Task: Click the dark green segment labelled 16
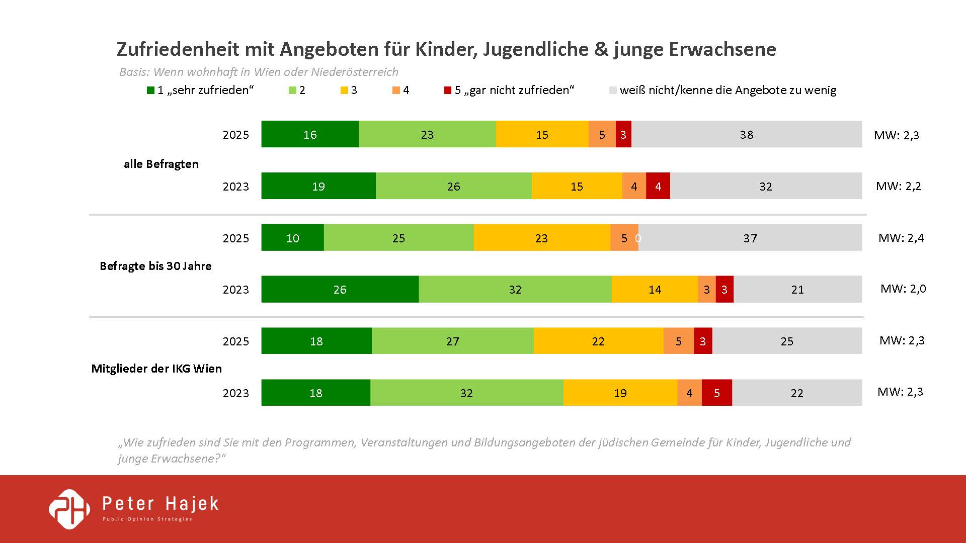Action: click(310, 134)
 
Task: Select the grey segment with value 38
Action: click(747, 134)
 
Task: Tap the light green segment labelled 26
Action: click(453, 186)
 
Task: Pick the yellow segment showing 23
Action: click(541, 238)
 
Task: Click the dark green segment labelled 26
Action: click(340, 289)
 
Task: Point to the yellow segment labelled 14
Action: click(655, 289)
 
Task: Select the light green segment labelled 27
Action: click(452, 341)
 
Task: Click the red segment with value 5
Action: click(716, 393)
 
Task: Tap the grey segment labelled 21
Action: click(797, 289)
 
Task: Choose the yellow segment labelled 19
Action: click(620, 393)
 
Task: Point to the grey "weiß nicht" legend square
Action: click(613, 90)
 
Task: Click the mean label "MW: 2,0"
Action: click(903, 289)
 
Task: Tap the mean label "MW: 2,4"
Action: click(901, 238)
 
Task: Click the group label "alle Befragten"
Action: click(161, 164)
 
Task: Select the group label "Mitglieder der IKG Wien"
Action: click(156, 369)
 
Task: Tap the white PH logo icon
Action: click(69, 509)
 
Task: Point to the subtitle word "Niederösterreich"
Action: click(354, 72)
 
